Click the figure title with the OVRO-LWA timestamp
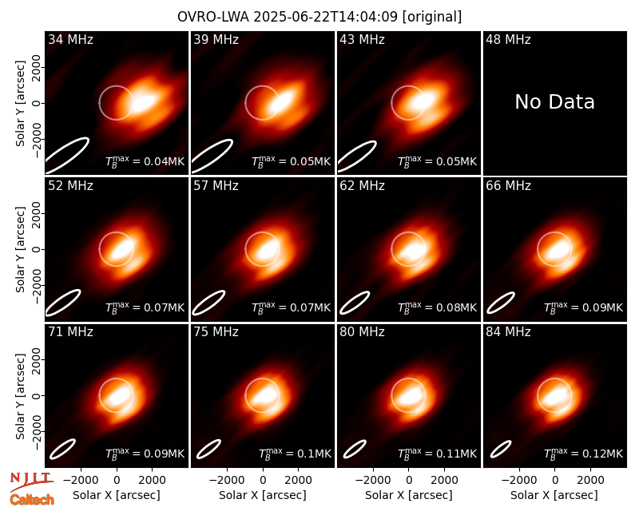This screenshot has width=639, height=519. tap(319, 17)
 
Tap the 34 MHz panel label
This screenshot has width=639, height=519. tap(70, 39)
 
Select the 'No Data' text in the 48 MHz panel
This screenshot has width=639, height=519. tap(554, 102)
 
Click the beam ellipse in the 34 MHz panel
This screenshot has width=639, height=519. tap(66, 155)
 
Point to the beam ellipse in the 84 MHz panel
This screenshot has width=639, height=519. tap(501, 449)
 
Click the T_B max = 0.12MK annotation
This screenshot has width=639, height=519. tap(583, 453)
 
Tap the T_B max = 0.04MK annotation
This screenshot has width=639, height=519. tap(145, 161)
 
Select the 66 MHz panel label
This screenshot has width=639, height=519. tap(508, 186)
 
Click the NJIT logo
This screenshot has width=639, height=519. tap(31, 481)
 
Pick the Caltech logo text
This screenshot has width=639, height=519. tap(32, 500)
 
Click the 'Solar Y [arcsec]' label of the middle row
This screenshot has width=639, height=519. tap(21, 249)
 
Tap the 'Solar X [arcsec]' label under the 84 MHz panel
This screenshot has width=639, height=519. tap(554, 495)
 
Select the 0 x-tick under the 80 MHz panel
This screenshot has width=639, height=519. tap(409, 481)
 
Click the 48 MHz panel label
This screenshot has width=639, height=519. tap(508, 39)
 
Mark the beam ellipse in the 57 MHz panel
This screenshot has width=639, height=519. tap(208, 303)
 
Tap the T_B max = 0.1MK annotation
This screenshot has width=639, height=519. tap(295, 453)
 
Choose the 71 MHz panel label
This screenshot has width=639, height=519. tap(70, 332)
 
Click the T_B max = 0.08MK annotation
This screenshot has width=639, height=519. tap(437, 307)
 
